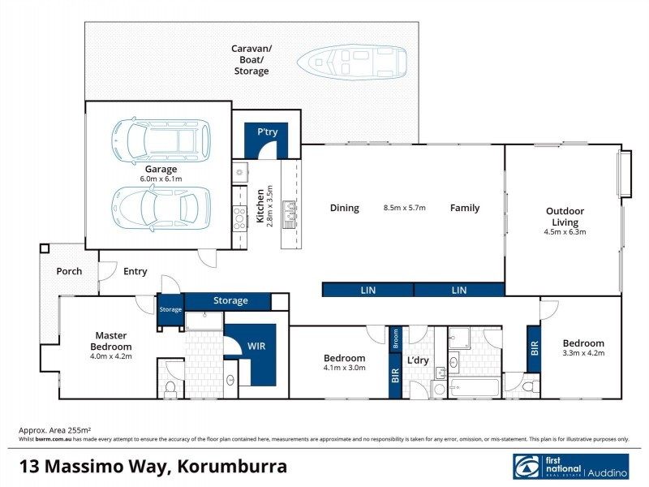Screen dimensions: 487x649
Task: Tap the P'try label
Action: [x=268, y=132]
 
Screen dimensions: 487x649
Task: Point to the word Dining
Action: [x=344, y=208]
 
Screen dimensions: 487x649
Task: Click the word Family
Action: [x=465, y=208]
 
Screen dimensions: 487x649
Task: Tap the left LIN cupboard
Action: [x=367, y=290]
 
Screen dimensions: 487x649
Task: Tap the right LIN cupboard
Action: [x=459, y=290]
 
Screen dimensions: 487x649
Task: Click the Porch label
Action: [x=69, y=271]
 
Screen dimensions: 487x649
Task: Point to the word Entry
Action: [x=135, y=271]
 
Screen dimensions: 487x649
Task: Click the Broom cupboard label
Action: [x=396, y=337]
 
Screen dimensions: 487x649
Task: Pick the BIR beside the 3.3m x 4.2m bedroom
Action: [x=534, y=348]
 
